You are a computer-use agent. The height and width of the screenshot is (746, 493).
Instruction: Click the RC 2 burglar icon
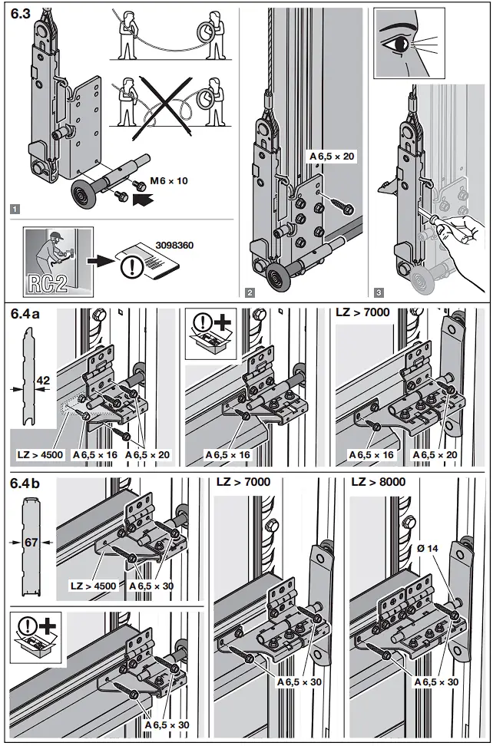point(58,260)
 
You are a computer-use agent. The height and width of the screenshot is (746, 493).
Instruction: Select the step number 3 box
point(379,292)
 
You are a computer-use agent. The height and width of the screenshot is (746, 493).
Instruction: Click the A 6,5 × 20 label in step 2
point(333,156)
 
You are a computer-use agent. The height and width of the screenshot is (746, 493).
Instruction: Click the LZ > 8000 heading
point(379,482)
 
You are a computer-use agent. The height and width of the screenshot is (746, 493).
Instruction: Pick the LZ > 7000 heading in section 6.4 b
point(243,482)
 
